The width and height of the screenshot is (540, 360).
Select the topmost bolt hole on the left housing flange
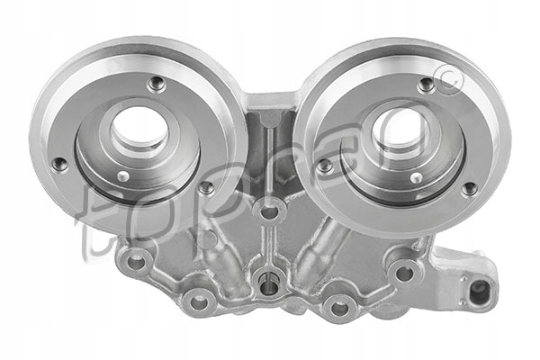coord(157,85)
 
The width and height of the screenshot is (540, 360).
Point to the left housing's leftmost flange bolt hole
coord(60,165)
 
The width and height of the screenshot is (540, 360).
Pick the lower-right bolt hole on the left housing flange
coord(206,188)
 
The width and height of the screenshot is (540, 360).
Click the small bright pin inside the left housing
coord(123,176)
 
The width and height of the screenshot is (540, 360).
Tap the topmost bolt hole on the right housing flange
coord(427,85)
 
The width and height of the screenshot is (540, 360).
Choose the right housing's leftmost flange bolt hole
coord(326,166)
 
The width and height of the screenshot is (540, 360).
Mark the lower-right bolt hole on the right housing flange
coord(469,189)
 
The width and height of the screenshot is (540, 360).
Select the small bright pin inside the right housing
coord(416,178)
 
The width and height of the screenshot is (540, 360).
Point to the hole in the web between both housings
coord(267,214)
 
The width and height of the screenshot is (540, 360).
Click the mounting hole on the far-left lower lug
coord(137,262)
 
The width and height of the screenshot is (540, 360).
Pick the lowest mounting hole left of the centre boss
coord(197,301)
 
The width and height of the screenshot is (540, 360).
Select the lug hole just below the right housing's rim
coord(404,272)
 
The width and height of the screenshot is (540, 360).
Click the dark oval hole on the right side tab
coord(479,290)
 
